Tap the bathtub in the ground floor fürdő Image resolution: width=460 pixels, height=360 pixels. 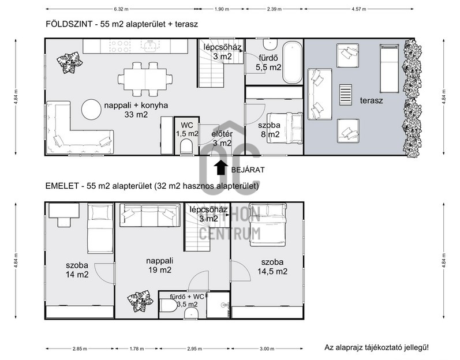[x=292, y=62]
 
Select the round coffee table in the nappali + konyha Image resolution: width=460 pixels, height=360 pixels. [x=92, y=110]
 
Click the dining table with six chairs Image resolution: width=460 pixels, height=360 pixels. [x=145, y=79]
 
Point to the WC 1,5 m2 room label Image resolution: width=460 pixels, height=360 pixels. [x=187, y=130]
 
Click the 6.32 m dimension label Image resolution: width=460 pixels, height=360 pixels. [x=121, y=9]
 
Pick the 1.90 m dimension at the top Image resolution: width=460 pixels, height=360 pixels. [x=222, y=9]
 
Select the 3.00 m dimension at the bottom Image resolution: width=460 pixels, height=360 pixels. [x=267, y=348]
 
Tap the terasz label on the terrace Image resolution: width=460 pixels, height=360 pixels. [x=371, y=100]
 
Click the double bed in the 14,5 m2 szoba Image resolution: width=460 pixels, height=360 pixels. [x=268, y=224]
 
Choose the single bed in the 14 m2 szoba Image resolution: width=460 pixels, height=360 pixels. [x=100, y=228]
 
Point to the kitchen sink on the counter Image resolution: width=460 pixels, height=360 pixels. [x=150, y=46]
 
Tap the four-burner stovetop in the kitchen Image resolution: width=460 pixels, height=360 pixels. [x=119, y=46]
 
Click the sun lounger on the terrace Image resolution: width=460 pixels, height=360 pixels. [x=390, y=69]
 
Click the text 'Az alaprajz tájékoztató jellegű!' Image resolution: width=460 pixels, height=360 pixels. [x=376, y=348]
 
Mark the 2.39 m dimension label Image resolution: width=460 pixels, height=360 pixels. [x=274, y=9]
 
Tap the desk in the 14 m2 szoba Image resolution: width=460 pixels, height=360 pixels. [x=64, y=211]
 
